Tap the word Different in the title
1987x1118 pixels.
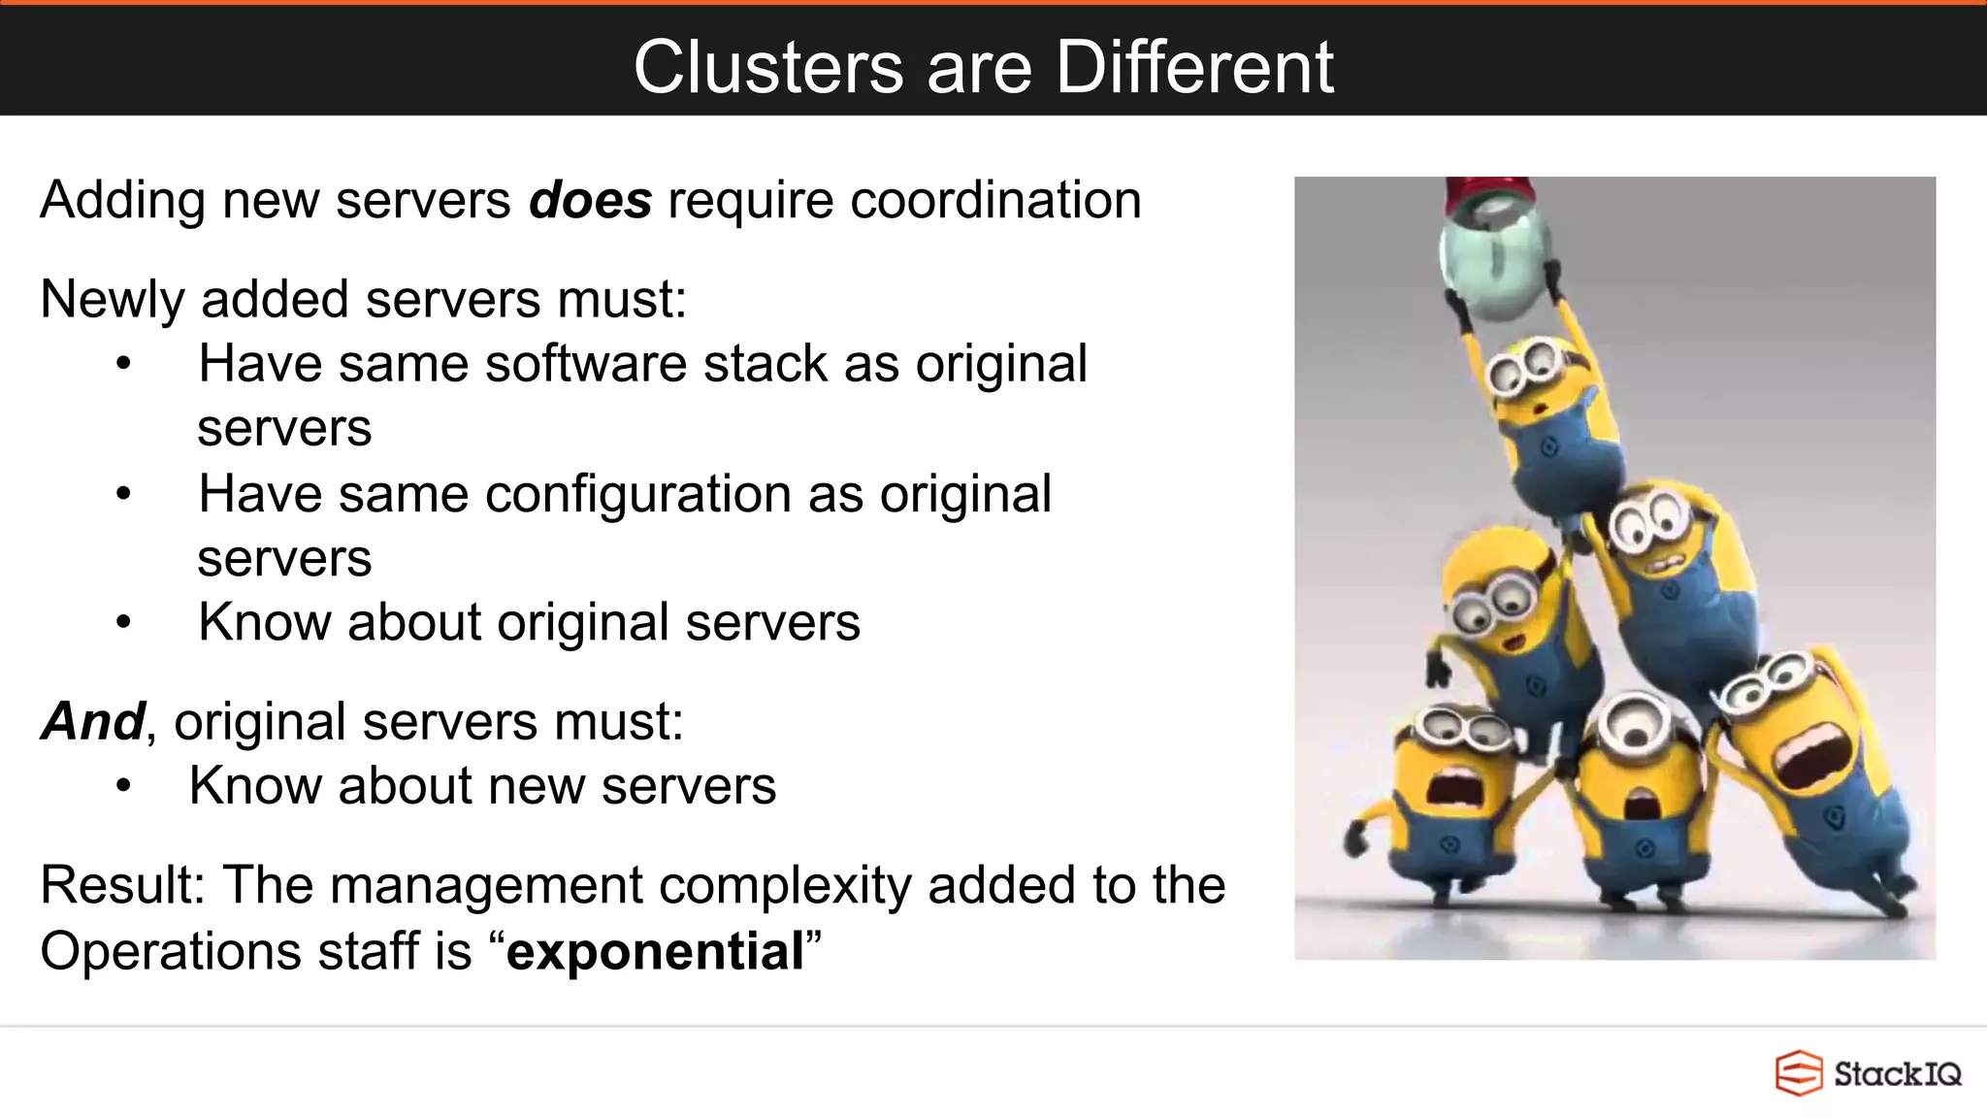coord(1194,68)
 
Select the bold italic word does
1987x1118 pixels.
coord(590,201)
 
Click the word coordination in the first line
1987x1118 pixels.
coord(995,201)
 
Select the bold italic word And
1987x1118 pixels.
coord(93,722)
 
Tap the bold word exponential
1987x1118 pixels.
coord(655,951)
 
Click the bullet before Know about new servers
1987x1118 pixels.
coord(123,786)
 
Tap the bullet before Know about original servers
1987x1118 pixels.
coord(123,622)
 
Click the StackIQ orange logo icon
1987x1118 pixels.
coord(1798,1073)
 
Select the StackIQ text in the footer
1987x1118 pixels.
coord(1897,1074)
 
